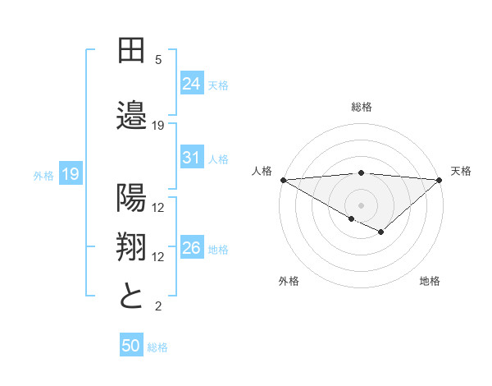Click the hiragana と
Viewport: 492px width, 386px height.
pos(131,296)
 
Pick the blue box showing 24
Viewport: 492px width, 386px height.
pos(192,83)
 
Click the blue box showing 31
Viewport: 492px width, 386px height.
pos(192,158)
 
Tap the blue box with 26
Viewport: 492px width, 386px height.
pos(192,248)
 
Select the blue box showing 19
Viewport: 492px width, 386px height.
pos(70,173)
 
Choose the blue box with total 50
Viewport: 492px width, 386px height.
pos(131,346)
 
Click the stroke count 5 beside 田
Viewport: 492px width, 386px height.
pos(158,60)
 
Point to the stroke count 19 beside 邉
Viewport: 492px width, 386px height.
pos(158,126)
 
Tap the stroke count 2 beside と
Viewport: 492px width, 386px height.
pos(158,306)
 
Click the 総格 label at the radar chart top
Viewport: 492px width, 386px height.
pos(361,107)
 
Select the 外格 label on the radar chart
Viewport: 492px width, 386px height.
pos(289,281)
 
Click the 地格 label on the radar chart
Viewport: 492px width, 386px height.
pos(430,281)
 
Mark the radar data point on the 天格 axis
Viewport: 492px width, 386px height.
pos(440,180)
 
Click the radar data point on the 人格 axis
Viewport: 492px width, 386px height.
pos(283,180)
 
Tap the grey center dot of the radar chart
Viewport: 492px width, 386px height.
pos(361,204)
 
